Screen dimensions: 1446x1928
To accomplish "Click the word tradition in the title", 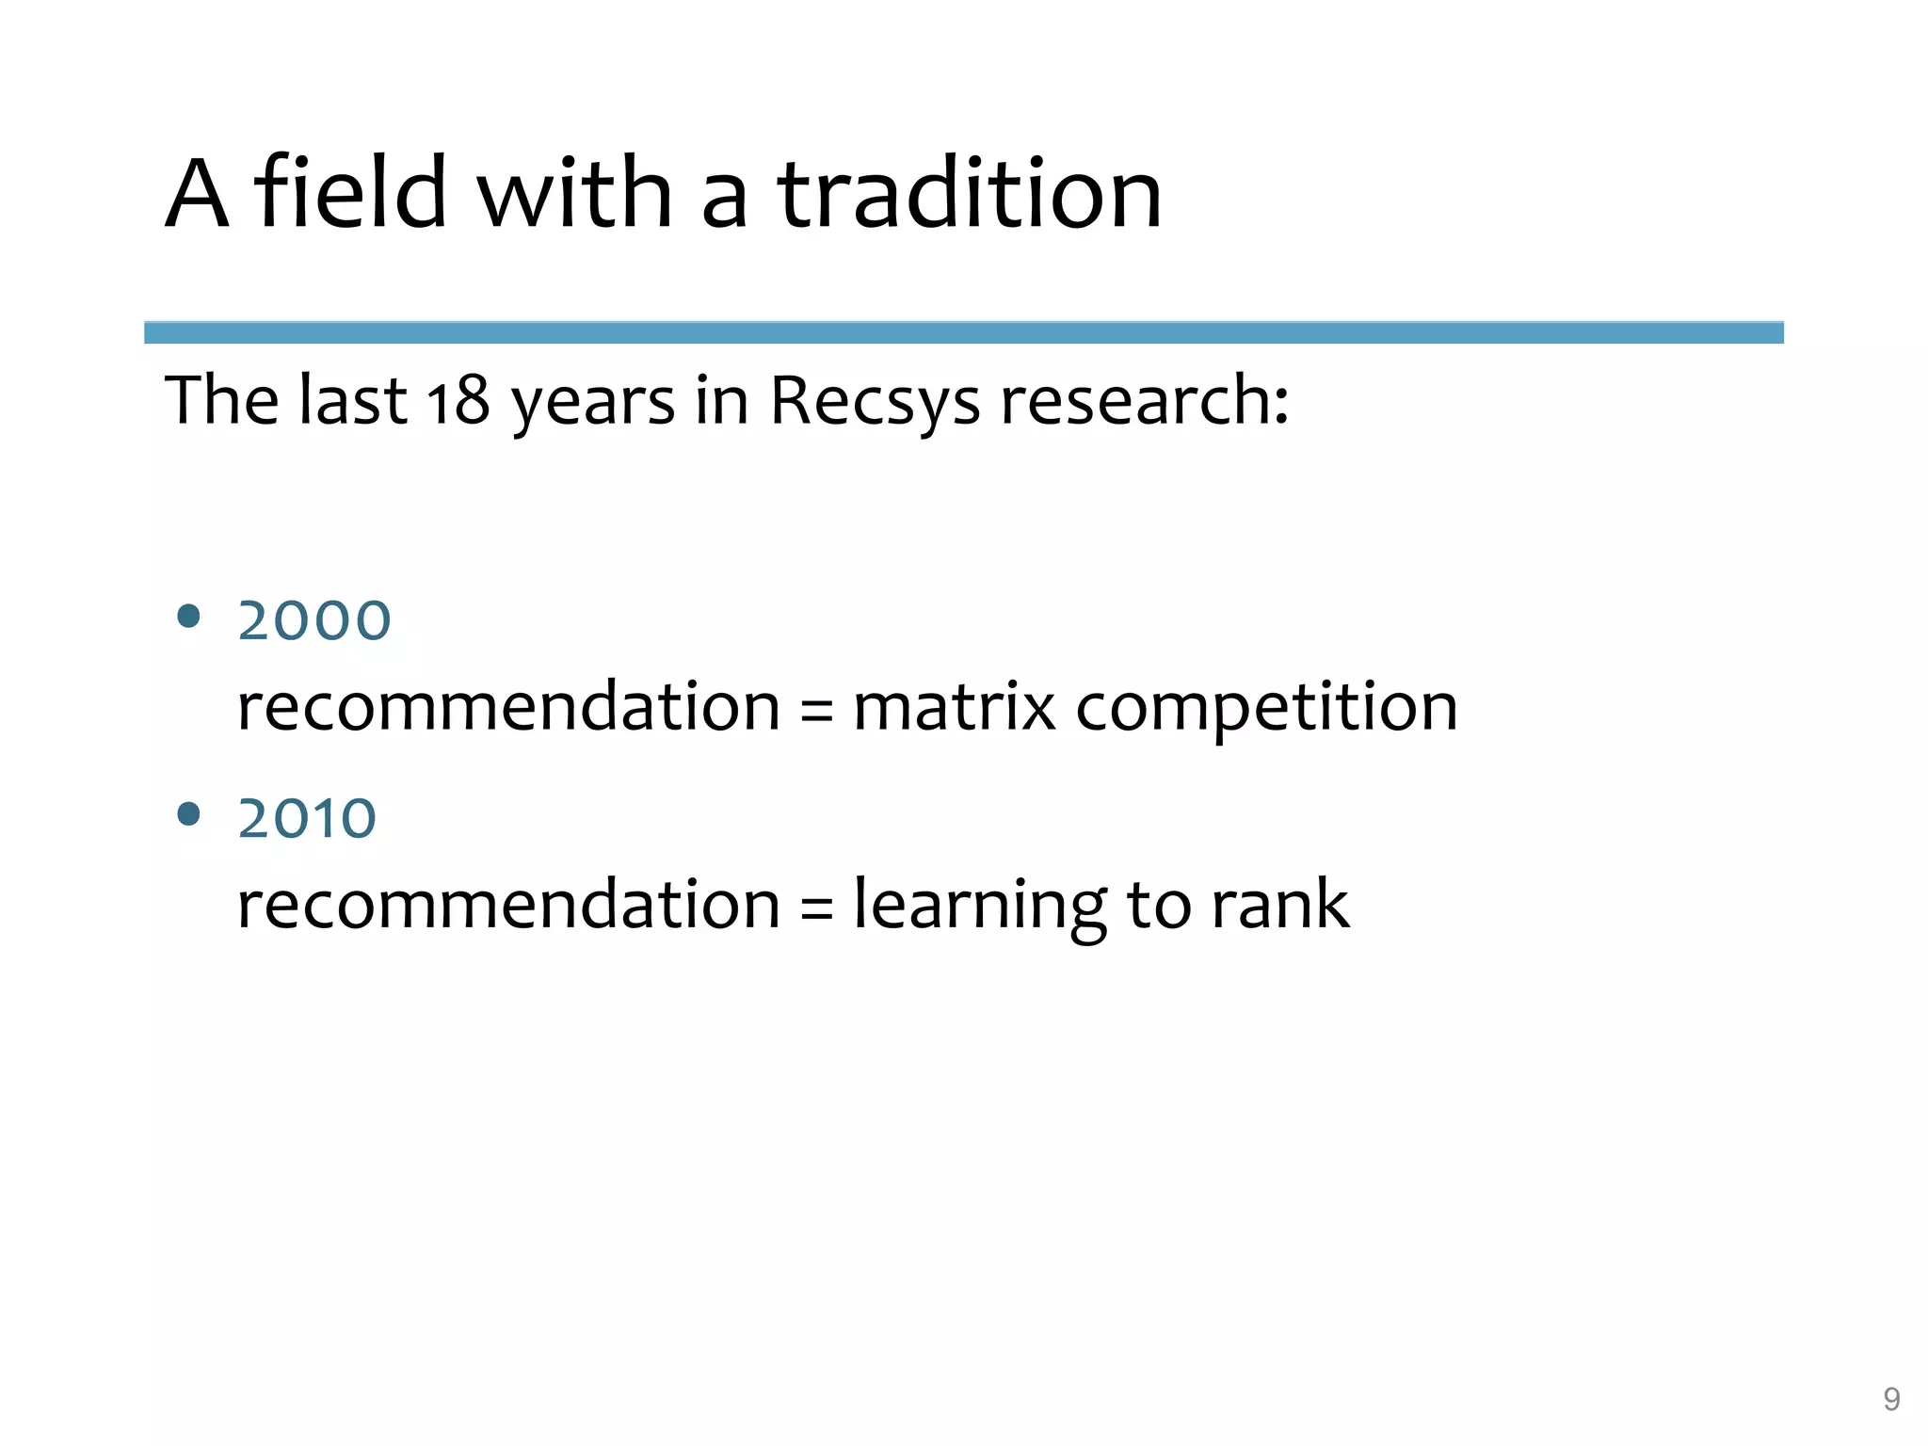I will pos(970,194).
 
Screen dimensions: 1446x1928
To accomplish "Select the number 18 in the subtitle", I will pos(458,401).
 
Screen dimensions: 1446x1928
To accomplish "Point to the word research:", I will pos(1144,401).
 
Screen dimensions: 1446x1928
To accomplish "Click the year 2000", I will pos(314,621).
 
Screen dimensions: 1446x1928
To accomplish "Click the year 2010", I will pos(307,819).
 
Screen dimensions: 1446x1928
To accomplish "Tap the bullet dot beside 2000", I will pos(189,617).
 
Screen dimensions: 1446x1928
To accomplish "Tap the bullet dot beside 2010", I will pos(189,814).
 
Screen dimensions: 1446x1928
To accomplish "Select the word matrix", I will pos(954,707).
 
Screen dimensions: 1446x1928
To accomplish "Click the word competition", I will pos(1266,709).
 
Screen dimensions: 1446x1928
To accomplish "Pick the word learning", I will pos(979,906).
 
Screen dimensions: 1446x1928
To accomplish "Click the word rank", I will pos(1279,905).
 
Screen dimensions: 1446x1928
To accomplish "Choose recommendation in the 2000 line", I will pos(508,707).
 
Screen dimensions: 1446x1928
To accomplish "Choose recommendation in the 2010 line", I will pos(508,905).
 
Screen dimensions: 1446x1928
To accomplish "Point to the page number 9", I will pos(1891,1400).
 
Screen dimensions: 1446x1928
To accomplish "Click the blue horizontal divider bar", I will pos(963,332).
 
